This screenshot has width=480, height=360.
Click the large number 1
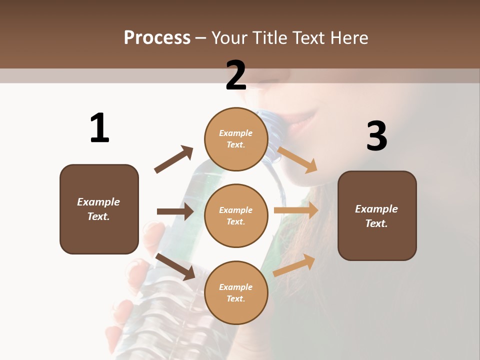tap(99, 128)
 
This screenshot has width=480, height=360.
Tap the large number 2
tap(235, 75)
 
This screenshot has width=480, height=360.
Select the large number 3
tap(376, 136)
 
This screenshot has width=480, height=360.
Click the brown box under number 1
tap(99, 209)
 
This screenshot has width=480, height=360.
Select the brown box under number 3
tap(377, 216)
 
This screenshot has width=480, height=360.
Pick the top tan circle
tap(235, 139)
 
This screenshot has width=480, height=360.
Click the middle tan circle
tap(235, 215)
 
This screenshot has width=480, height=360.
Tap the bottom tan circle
tap(235, 292)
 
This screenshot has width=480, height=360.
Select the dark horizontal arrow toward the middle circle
tap(175, 211)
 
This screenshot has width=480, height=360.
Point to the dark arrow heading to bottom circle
tap(175, 266)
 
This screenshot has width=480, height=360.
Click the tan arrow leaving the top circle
tap(297, 159)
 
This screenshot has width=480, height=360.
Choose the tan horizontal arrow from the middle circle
tap(296, 210)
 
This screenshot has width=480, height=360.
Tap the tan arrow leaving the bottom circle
tap(294, 265)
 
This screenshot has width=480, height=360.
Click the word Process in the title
tap(157, 37)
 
